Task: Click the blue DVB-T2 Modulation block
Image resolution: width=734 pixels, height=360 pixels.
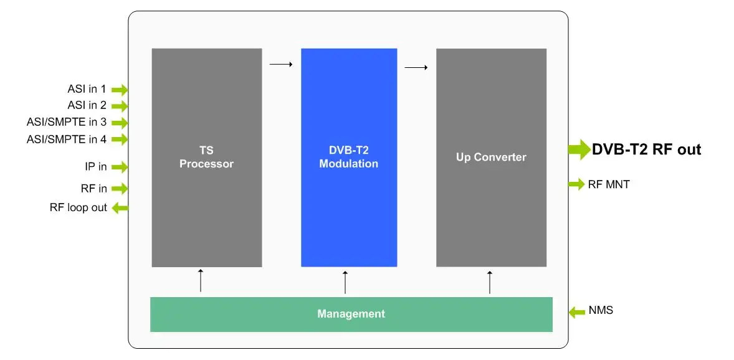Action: (x=349, y=158)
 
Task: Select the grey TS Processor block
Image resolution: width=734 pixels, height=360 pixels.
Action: (x=206, y=158)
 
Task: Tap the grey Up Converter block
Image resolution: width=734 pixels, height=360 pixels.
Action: (x=491, y=158)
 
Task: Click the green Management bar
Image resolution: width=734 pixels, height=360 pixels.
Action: (x=351, y=314)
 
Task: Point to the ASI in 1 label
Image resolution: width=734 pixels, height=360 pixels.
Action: (x=87, y=89)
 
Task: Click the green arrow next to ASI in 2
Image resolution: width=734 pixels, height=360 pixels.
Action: (x=120, y=106)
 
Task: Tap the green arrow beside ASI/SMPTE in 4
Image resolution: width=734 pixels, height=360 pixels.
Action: (x=120, y=139)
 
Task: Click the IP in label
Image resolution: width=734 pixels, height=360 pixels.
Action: (x=96, y=166)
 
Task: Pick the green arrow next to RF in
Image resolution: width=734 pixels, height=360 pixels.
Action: (x=120, y=188)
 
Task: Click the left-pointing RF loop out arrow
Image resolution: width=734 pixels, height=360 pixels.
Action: (x=120, y=208)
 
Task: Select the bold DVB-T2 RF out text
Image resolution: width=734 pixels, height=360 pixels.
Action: (x=646, y=149)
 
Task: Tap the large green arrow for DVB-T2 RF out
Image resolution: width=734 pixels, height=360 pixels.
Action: (x=579, y=149)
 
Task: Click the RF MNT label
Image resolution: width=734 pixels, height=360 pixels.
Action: (x=609, y=184)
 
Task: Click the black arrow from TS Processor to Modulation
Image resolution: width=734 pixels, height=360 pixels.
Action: (x=281, y=64)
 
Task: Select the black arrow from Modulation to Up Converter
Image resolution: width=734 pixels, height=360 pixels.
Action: (x=416, y=67)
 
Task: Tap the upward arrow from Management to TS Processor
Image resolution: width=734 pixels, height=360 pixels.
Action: (x=201, y=280)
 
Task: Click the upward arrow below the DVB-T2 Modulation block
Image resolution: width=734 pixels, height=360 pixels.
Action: (x=345, y=282)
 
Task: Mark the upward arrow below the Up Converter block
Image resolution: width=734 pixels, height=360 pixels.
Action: (x=490, y=282)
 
